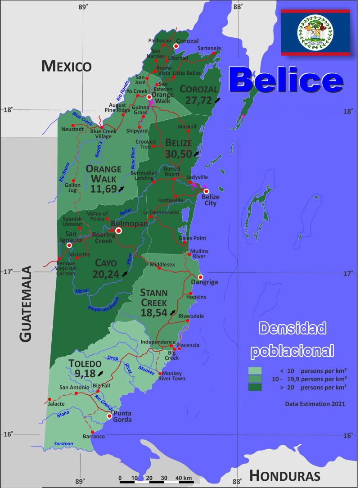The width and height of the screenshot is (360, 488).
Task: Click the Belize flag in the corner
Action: pyautogui.click(x=315, y=32)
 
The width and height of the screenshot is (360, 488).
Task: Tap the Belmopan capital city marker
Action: pyautogui.click(x=118, y=231)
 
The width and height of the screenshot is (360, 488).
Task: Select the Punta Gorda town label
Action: pyautogui.click(x=122, y=416)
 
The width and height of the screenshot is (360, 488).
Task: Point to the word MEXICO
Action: pyautogui.click(x=67, y=66)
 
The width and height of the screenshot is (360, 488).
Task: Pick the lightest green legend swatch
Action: pyautogui.click(x=255, y=371)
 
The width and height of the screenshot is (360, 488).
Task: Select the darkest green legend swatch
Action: pyautogui.click(x=255, y=387)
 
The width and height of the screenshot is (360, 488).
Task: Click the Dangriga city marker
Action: pyautogui.click(x=201, y=277)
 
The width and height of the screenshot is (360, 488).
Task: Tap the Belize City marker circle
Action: pyautogui.click(x=206, y=191)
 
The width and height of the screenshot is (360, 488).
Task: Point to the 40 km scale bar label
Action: pyautogui.click(x=184, y=478)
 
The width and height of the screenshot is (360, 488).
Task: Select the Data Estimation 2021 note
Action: pyautogui.click(x=315, y=404)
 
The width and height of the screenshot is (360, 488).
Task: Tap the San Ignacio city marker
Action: pyautogui.click(x=69, y=245)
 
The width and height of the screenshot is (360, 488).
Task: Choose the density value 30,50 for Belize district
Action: pyautogui.click(x=178, y=154)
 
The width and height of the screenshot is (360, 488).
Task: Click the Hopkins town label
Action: pyautogui.click(x=196, y=297)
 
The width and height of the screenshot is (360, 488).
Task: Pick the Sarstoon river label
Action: pyautogui.click(x=63, y=444)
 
